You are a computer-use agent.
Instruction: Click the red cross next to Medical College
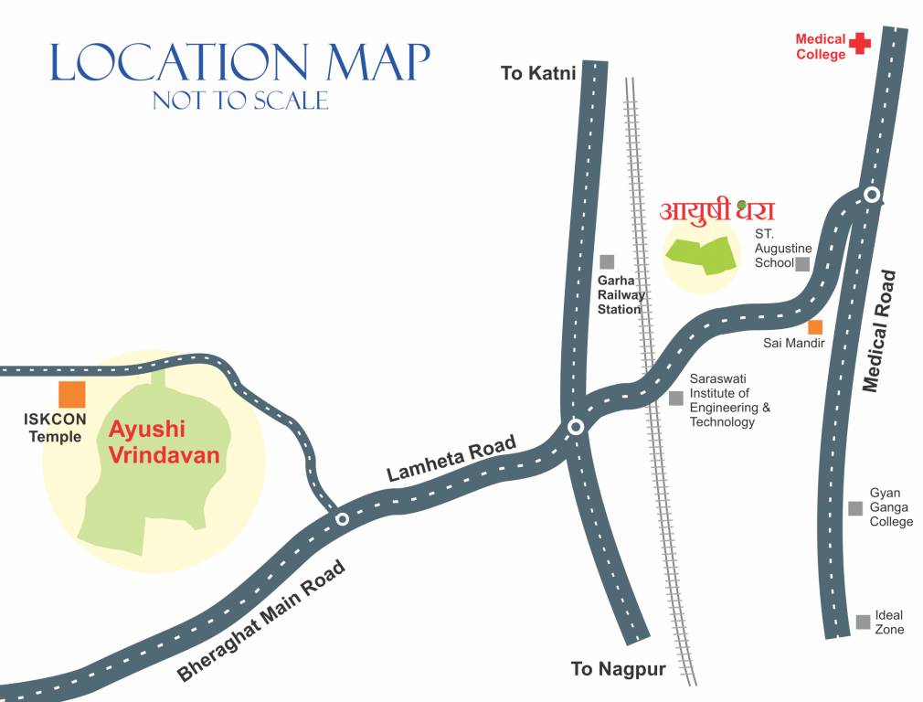[x=859, y=43]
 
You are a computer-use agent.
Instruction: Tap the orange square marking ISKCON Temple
[x=72, y=395]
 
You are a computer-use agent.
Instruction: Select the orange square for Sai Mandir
[x=815, y=327]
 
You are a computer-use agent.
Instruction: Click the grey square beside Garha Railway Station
[x=607, y=262]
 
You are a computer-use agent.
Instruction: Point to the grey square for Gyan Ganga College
[x=855, y=508]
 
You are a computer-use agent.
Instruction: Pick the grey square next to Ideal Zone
[x=863, y=622]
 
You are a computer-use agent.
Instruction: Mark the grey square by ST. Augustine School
[x=802, y=264]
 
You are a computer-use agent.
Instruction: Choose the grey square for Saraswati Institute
[x=676, y=398]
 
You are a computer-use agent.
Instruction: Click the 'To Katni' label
[x=538, y=73]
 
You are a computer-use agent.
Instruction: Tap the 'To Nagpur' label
[x=618, y=669]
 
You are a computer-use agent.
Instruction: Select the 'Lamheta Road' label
[x=451, y=459]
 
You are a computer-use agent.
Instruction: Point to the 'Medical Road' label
[x=883, y=332]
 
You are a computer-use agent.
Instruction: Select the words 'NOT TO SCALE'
[x=240, y=100]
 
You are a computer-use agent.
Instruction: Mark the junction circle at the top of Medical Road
[x=872, y=195]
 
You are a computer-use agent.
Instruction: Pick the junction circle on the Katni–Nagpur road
[x=576, y=427]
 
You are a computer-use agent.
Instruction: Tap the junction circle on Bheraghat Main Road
[x=342, y=519]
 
